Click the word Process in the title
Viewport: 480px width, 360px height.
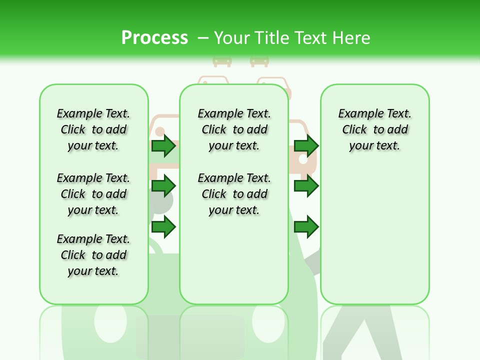154,38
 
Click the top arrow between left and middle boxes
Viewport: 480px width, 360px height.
163,145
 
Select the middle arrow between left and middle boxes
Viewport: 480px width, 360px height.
163,186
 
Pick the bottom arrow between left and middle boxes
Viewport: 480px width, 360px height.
163,227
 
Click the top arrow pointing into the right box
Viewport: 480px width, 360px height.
306,145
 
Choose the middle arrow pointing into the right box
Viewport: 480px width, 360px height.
306,186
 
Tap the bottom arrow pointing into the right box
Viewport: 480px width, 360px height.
306,227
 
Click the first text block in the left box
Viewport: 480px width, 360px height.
93,129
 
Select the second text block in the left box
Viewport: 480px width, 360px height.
93,194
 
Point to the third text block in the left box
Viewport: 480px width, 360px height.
93,255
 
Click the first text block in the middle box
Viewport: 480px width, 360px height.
234,129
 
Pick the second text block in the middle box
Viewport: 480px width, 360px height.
234,194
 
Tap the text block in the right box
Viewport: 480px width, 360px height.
374,129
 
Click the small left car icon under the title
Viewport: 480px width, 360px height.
222,60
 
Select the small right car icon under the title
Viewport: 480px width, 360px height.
259,60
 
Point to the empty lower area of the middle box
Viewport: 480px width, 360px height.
234,260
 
